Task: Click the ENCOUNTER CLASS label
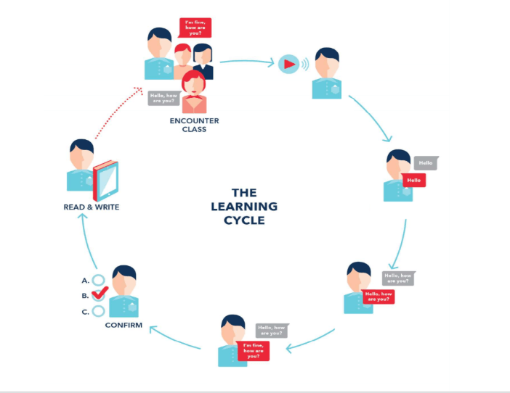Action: click(194, 125)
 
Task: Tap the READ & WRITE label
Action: click(91, 207)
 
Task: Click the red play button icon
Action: click(289, 64)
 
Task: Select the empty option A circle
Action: click(99, 279)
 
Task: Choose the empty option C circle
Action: click(99, 311)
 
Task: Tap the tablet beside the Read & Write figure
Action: click(106, 179)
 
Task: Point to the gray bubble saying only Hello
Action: click(425, 163)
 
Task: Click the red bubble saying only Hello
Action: click(413, 179)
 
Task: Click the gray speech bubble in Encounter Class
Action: click(163, 98)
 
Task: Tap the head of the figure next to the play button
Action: click(326, 60)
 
